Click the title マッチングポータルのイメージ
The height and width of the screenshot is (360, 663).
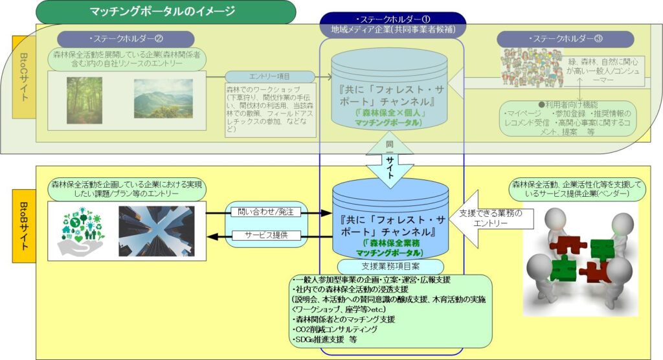click(161, 12)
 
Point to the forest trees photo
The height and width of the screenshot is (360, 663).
click(84, 100)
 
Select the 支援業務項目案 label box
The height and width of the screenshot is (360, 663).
click(390, 266)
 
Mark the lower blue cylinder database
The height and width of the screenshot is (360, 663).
click(390, 220)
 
